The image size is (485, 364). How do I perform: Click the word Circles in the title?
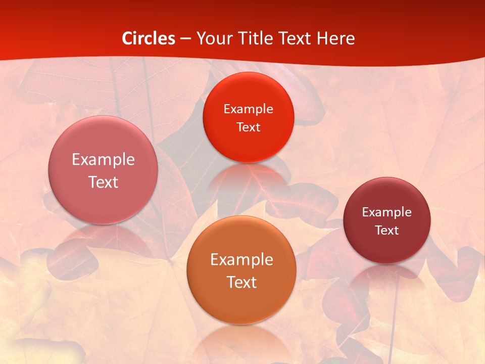tap(148, 38)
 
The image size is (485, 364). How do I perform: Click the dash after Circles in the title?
tap(185, 39)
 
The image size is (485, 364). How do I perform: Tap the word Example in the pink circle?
tap(103, 160)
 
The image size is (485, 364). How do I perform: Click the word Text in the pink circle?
tap(103, 182)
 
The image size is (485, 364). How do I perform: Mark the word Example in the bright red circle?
tap(248, 109)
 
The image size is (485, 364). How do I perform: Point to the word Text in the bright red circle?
tap(248, 127)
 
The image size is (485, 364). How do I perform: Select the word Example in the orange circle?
tap(241, 260)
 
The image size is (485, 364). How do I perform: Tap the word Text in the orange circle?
tap(241, 282)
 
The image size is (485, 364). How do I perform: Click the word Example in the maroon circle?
tap(386, 212)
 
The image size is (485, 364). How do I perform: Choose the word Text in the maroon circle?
tap(386, 231)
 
